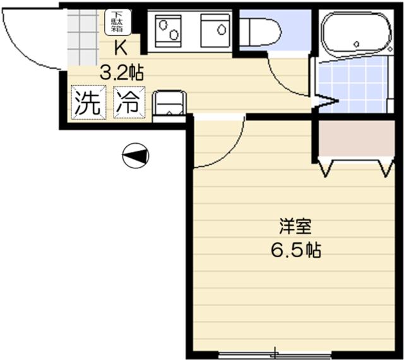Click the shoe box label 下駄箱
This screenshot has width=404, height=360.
117,22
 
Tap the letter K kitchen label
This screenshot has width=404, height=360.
121,48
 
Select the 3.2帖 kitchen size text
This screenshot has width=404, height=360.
121,73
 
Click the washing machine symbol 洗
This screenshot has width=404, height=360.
88,103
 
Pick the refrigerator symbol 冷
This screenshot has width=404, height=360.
129,103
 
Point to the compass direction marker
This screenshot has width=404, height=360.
136,156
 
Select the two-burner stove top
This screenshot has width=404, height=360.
168,31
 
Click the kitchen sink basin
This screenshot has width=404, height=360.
215,31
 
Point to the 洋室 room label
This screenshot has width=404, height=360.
296,226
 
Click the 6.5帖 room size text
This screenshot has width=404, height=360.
296,250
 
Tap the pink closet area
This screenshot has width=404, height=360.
357,139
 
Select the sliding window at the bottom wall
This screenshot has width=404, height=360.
275,354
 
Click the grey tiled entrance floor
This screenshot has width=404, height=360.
83,37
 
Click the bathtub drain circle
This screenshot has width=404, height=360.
357,44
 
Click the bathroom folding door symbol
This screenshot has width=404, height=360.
325,101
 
